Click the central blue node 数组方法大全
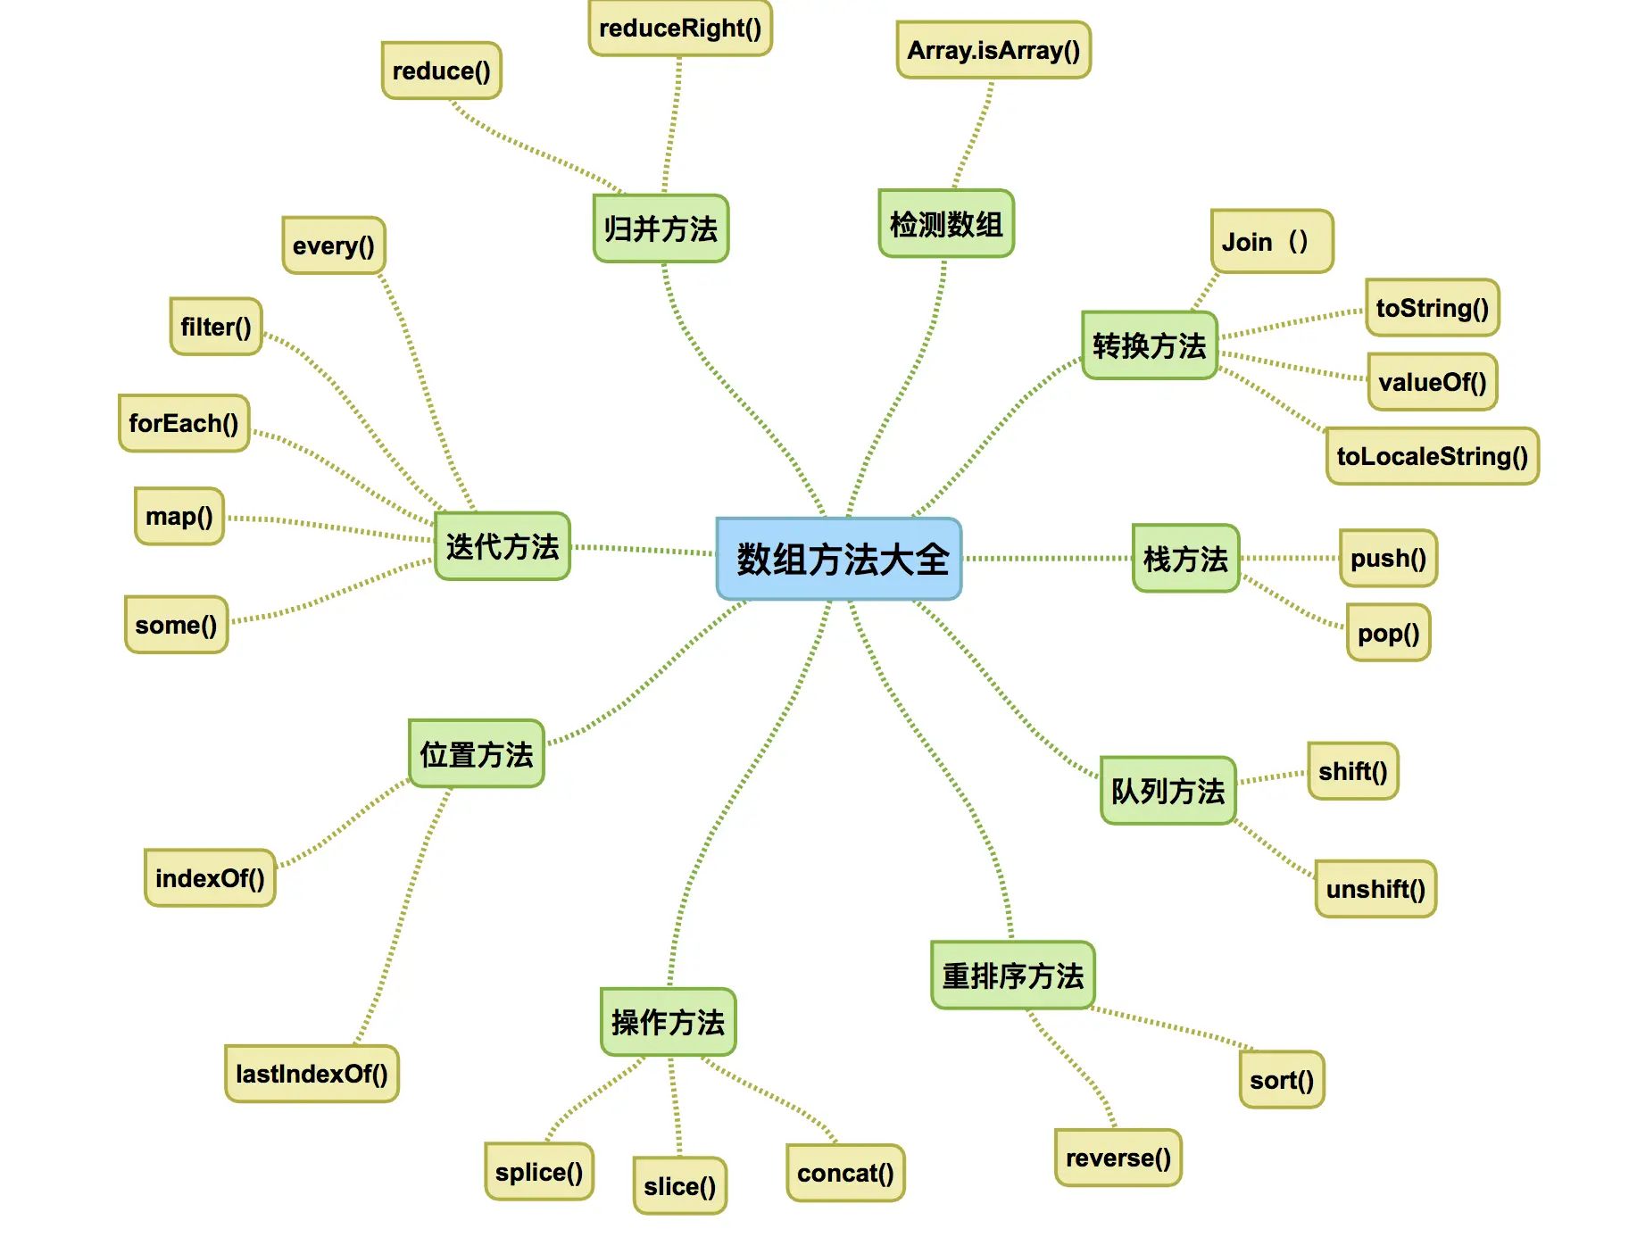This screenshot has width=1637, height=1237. [x=839, y=559]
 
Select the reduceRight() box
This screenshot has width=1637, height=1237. [x=680, y=29]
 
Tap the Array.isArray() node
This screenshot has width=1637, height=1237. [x=993, y=50]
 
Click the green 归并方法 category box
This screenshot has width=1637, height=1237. [x=661, y=228]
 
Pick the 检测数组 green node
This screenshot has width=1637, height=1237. [x=946, y=224]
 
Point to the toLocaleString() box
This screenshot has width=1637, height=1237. [x=1432, y=456]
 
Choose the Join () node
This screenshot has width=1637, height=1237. [x=1271, y=241]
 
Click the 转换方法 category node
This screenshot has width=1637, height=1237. [x=1149, y=345]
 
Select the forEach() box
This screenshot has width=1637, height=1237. [x=184, y=423]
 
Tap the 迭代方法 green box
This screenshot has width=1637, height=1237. [x=503, y=546]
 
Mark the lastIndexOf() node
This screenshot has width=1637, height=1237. [x=312, y=1074]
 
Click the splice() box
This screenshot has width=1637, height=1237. [x=539, y=1172]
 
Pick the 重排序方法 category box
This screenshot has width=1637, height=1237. [x=1012, y=975]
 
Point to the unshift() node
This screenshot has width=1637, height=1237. [x=1375, y=889]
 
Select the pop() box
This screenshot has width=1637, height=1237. [x=1388, y=633]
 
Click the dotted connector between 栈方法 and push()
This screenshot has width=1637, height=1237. [x=1290, y=559]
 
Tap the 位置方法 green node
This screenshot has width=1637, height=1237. [x=477, y=754]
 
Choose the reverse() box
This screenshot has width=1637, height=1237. [x=1118, y=1158]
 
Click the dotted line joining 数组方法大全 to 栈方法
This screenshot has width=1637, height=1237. [x=1047, y=559]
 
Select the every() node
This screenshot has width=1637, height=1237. [x=334, y=245]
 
